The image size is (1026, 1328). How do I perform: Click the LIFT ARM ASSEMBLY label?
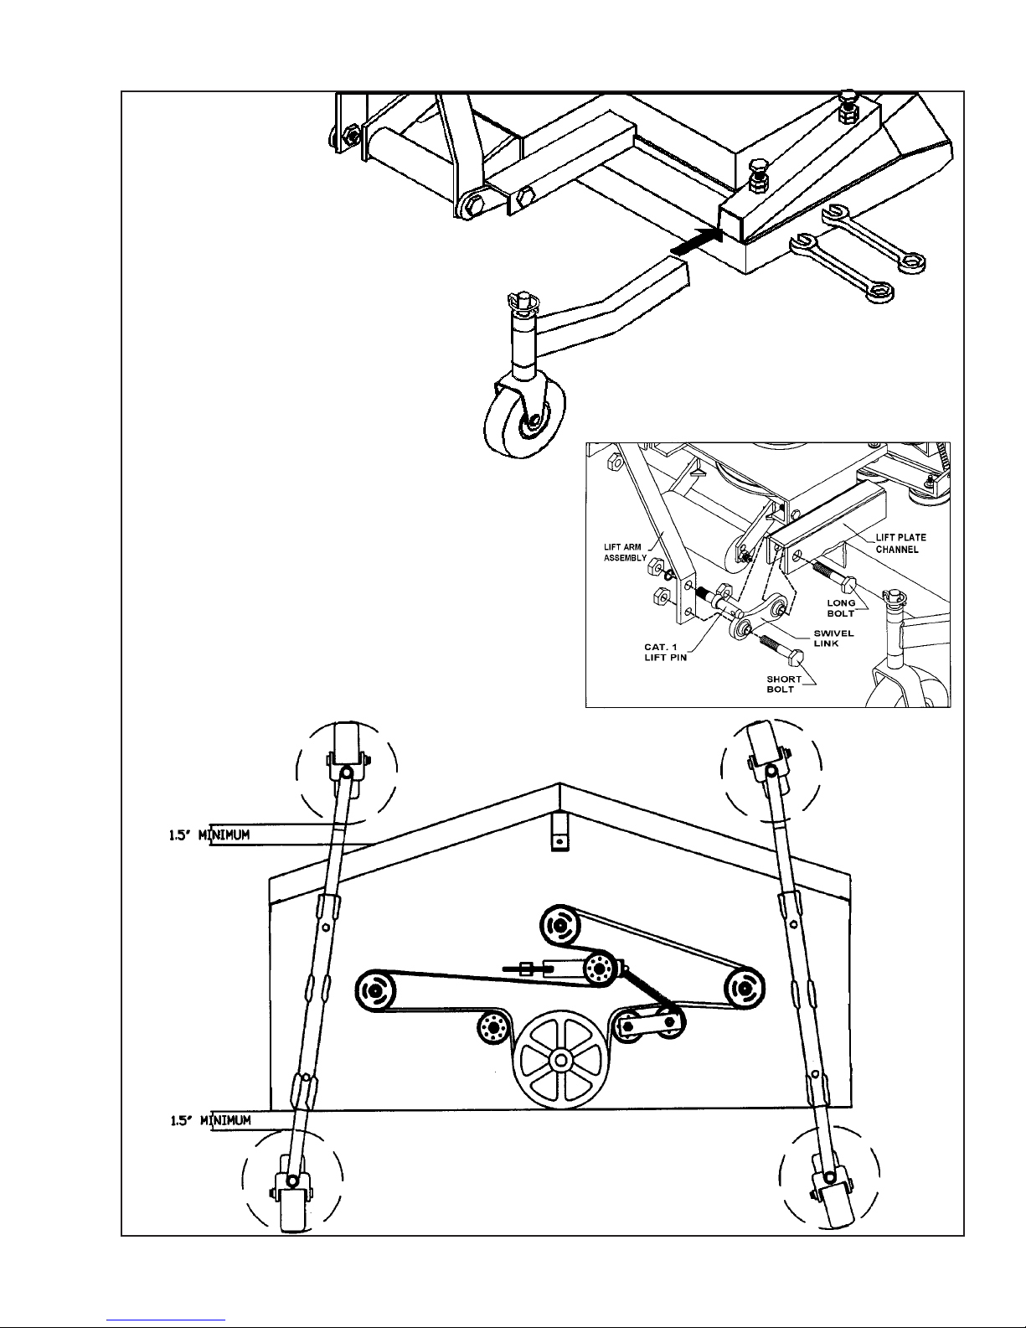coord(625,552)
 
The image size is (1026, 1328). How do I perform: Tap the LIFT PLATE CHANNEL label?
coord(901,543)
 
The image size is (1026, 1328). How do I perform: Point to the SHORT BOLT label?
coord(784,684)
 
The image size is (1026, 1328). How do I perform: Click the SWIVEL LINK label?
coord(833,638)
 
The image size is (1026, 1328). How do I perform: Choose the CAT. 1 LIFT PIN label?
coord(665,652)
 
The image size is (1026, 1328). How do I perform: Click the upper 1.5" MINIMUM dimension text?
coord(209,835)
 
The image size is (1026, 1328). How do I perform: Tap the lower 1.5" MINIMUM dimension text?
coord(210,1120)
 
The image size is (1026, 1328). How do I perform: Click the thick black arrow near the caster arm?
coord(696,240)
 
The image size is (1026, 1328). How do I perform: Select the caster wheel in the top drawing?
coord(524,419)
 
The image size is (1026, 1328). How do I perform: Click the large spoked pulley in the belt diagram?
coord(560,1059)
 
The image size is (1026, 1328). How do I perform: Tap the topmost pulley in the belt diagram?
coord(560,926)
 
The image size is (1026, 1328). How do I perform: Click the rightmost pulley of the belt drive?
coord(745,987)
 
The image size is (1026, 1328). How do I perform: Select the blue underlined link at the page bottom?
coord(166,1319)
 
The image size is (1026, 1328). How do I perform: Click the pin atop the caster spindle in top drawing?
coord(523,302)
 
